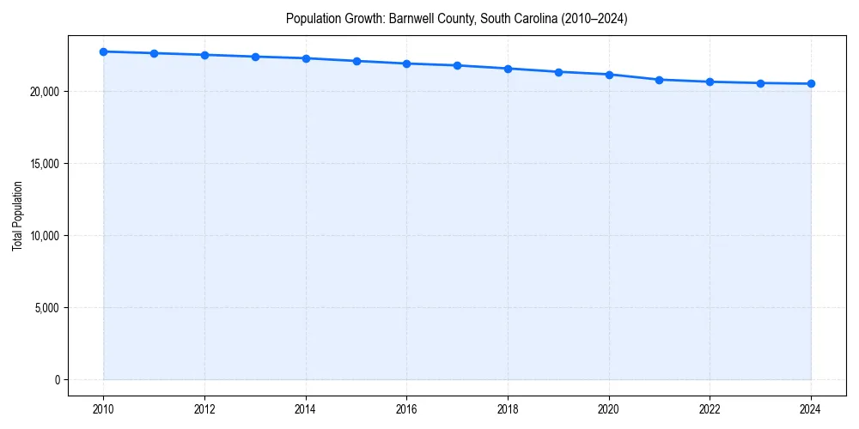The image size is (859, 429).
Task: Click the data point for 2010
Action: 103,51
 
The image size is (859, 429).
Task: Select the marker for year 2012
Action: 204,55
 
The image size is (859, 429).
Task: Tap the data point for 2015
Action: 356,61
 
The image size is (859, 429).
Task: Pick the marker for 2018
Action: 508,69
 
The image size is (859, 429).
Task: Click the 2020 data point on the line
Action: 609,75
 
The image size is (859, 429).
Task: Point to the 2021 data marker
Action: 659,80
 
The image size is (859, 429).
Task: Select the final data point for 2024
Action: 811,83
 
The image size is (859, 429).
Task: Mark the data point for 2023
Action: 760,83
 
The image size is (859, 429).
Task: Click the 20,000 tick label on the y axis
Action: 44,92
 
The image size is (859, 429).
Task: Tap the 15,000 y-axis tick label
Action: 44,164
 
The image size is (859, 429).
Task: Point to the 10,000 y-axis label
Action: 44,236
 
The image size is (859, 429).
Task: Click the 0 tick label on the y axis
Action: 57,380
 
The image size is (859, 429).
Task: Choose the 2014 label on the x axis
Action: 306,409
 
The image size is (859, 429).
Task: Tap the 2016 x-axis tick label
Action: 407,409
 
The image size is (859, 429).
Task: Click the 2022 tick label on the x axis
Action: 710,409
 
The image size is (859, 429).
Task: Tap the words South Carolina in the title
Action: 512,18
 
